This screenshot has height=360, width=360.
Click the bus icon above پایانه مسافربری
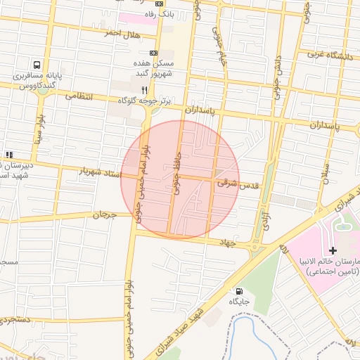(36, 63)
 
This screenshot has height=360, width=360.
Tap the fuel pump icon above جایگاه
(239, 291)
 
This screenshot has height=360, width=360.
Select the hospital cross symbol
(333, 250)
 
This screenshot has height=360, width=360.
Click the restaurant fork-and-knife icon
(144, 90)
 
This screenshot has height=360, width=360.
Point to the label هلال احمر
(122, 34)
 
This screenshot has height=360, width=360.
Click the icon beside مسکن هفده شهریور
(154, 53)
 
